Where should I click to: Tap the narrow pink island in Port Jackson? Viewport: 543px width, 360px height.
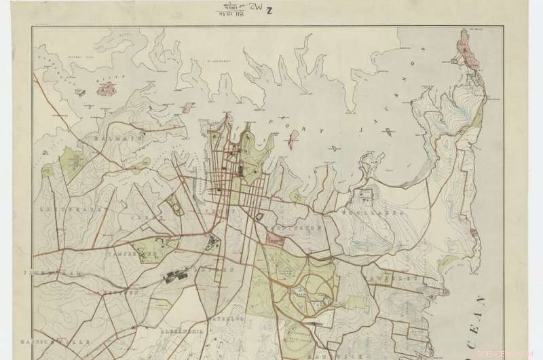290,139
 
